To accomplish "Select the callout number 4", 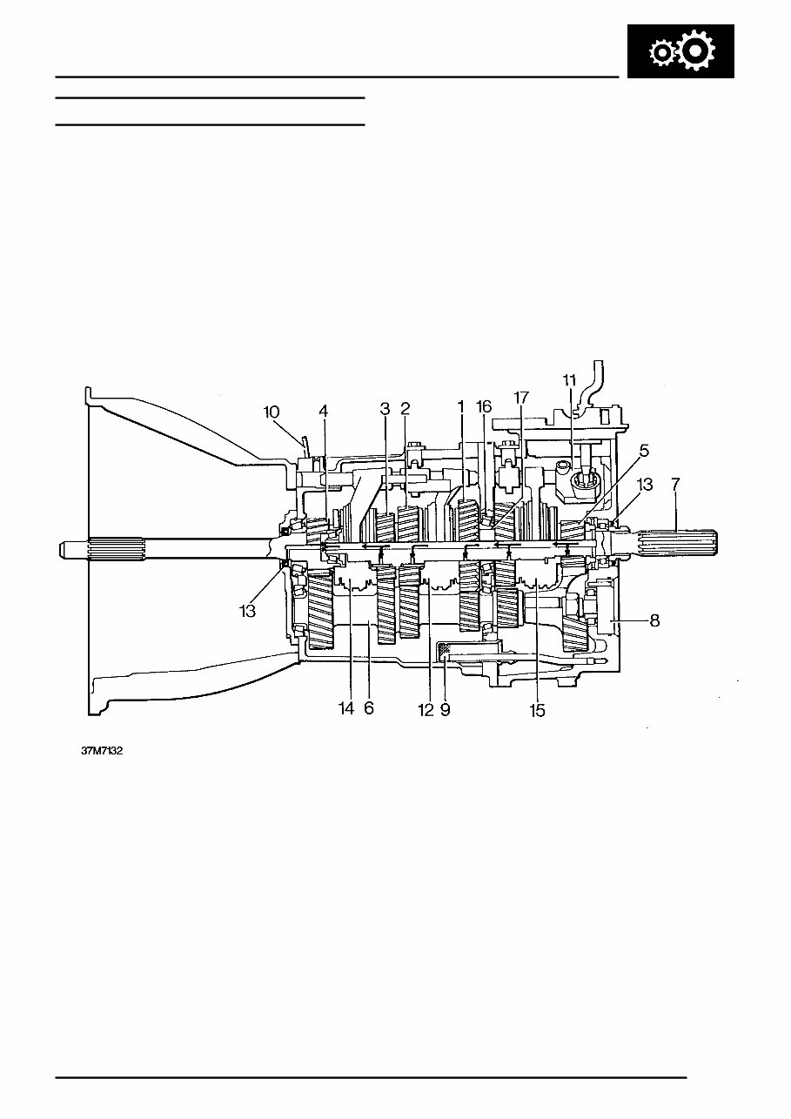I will pos(324,411).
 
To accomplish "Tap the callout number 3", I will pos(384,408).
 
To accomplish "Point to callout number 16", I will pos(485,407).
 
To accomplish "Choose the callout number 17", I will pos(521,398).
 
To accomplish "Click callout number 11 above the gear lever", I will pos(570,380).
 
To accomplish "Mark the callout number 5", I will pos(643,452).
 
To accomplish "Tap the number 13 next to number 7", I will pos(645,486).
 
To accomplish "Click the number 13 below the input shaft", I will pos(247,612).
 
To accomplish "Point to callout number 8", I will pos(655,620).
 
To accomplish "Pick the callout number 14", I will pos(346,710).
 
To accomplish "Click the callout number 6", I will pos(369,710).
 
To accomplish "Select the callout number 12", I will pos(426,710).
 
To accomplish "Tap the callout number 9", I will pos(446,710).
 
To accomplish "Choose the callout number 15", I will pos(537,710).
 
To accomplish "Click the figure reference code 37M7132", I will pos(102,751).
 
